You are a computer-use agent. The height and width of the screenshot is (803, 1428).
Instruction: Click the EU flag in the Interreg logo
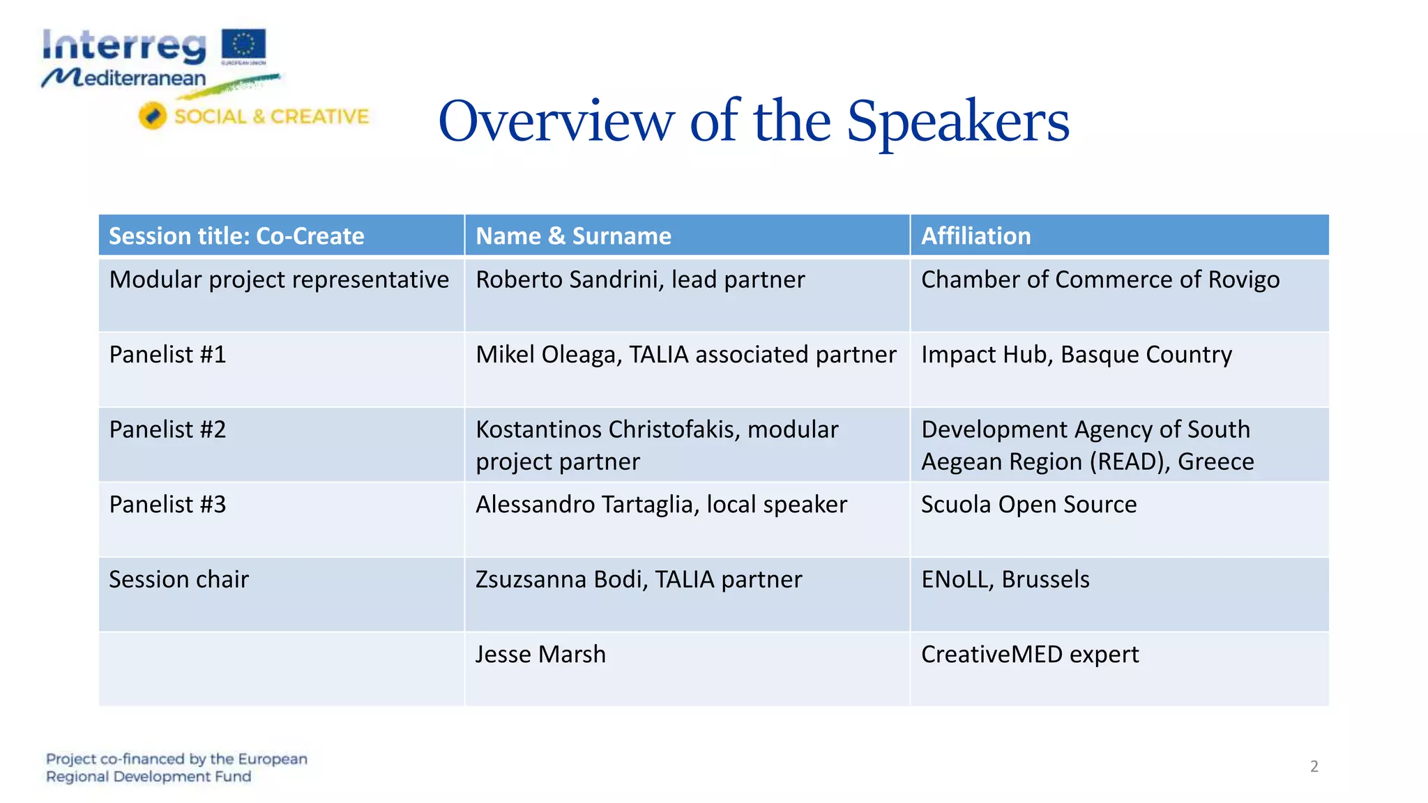point(243,45)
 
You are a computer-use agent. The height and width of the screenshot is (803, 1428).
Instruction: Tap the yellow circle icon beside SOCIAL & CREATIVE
point(152,116)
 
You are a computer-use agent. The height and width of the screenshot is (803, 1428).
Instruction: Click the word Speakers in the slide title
point(957,122)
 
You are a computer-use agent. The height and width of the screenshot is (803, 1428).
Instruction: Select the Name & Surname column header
point(573,236)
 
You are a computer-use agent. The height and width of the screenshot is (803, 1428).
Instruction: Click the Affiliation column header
point(975,236)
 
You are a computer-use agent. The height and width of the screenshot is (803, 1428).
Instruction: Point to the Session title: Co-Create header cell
point(236,236)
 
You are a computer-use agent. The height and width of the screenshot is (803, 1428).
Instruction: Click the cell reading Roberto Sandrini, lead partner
point(639,280)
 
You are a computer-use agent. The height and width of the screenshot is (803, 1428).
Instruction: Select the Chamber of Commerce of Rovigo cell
point(1100,280)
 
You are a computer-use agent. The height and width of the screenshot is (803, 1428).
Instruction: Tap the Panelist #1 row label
point(167,355)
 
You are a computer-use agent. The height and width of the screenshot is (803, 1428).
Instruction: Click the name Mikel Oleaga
point(547,355)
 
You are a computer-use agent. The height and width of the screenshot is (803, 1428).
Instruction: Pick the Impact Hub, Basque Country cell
point(1076,355)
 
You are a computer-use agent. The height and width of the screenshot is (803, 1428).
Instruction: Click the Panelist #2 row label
point(167,429)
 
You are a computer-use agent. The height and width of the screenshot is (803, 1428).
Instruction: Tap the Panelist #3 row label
point(167,505)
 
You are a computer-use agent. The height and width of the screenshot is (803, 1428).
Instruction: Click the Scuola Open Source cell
point(1028,505)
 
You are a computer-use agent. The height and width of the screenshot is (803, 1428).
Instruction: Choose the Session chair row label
point(178,579)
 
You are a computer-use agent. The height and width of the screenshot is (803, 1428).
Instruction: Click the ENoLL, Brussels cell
point(1005,579)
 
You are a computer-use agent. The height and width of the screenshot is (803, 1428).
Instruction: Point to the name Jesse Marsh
point(540,655)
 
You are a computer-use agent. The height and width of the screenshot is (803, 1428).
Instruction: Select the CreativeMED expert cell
point(1029,655)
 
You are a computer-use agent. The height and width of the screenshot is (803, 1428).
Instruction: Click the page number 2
point(1314,767)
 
